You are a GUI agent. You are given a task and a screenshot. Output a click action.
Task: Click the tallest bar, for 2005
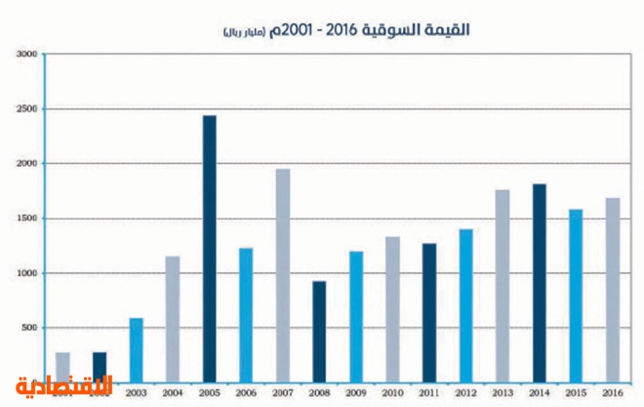point(210,249)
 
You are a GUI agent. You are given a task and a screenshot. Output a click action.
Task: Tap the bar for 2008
point(319,332)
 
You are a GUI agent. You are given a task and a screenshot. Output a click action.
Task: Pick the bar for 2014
point(539,283)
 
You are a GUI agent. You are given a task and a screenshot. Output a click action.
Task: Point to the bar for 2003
point(137,349)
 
